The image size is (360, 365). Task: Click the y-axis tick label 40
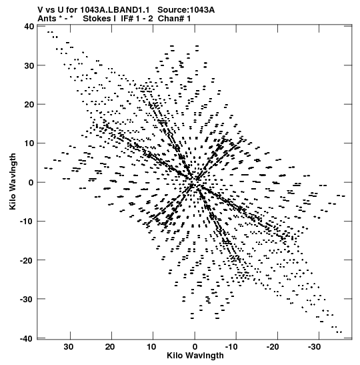[29, 26]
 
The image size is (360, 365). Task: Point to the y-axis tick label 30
[29, 65]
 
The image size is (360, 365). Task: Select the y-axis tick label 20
[29, 105]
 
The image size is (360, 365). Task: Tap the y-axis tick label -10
[27, 221]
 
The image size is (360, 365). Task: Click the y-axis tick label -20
[27, 260]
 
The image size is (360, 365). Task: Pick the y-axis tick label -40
[27, 338]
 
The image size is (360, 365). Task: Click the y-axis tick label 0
[31, 183]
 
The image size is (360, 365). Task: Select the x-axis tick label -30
[315, 347]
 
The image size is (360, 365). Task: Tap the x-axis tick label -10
[231, 347]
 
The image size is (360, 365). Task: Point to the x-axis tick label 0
[195, 347]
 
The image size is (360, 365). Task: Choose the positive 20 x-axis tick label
[110, 347]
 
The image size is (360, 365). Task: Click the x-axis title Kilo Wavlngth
[195, 356]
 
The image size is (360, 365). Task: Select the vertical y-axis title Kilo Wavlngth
[13, 181]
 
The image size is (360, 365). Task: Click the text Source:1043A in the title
[186, 10]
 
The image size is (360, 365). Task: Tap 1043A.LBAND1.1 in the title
[115, 10]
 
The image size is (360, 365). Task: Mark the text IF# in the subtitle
[127, 19]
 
